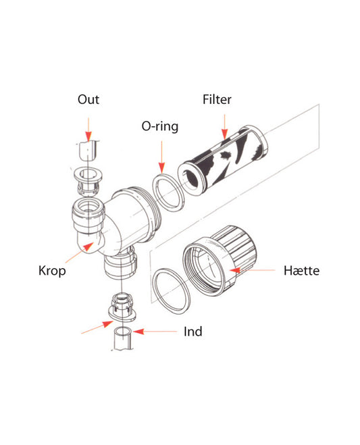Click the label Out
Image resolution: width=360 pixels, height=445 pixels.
point(88,100)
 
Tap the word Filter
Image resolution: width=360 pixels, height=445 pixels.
point(217,100)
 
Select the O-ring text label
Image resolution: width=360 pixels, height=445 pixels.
point(159,126)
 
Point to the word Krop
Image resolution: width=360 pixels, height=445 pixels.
point(51,272)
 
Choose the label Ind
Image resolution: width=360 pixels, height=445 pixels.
point(192,332)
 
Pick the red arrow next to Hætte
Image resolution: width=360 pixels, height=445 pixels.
point(250,271)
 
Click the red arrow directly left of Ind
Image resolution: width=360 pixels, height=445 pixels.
point(155,332)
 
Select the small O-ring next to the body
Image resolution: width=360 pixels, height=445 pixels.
point(167,191)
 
